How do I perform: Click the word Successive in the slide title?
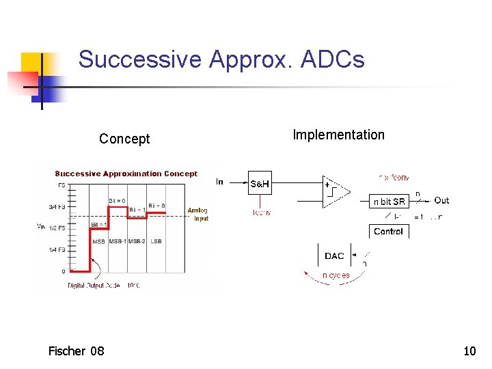point(139,60)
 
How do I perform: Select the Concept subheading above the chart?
point(124,139)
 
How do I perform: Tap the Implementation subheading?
point(338,135)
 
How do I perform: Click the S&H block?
point(260,184)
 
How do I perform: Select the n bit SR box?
point(389,202)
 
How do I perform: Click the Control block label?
point(388,232)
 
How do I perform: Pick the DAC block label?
point(334,256)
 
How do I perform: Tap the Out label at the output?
point(441,200)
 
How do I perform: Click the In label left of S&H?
point(219,182)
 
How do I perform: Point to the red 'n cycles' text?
point(336,275)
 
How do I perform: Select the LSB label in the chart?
point(156,241)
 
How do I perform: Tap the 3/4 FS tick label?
point(57,206)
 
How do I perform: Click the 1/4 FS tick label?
point(57,249)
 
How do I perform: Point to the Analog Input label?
point(197,215)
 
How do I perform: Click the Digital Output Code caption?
point(103,286)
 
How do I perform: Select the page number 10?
point(469,351)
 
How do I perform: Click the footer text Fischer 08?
point(76,351)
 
